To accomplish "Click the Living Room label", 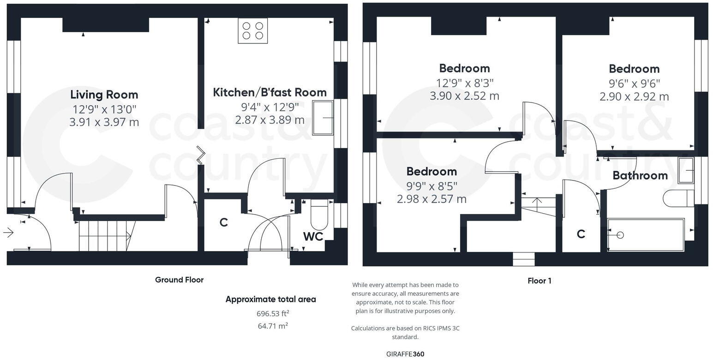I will (x=104, y=95).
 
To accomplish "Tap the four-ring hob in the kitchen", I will (x=252, y=31).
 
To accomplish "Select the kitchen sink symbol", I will (x=323, y=118).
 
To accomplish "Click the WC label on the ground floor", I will (x=313, y=236).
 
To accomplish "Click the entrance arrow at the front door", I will (x=8, y=233).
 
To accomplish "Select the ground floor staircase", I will (x=106, y=236).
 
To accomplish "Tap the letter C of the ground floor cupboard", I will (x=224, y=222).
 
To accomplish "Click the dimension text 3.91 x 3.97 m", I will (x=104, y=122).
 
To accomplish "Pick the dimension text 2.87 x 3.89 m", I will (x=270, y=120).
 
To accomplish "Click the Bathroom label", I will (x=640, y=175).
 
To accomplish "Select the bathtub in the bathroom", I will (x=646, y=235).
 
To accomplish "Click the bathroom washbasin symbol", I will (x=686, y=170).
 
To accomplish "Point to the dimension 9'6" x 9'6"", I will (x=634, y=84).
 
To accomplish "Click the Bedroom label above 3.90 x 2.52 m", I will (x=464, y=68).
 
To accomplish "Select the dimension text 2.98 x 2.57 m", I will (x=431, y=199).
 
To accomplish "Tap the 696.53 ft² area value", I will (x=273, y=314).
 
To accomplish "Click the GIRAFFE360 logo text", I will (x=405, y=354).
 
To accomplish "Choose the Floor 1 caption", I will (x=539, y=281).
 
